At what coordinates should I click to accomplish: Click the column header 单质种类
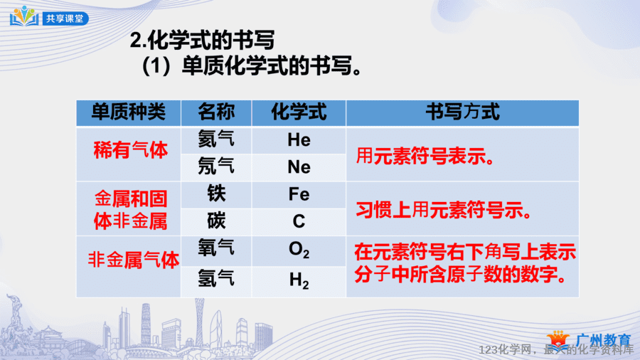click(128, 112)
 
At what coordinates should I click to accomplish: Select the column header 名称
click(216, 112)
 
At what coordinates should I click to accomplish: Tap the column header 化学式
click(299, 112)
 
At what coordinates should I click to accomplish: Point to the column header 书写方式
click(462, 112)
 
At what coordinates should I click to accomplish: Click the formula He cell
click(299, 140)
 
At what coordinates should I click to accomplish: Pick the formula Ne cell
click(299, 167)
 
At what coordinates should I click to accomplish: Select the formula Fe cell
click(299, 194)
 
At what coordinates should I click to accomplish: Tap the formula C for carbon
click(299, 222)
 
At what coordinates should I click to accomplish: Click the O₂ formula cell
click(299, 250)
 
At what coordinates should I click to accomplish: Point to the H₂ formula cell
click(299, 281)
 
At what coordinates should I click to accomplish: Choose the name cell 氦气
click(216, 139)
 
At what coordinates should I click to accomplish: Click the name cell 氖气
click(216, 166)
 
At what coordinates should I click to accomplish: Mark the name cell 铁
click(216, 194)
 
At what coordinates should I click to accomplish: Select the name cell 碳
click(216, 221)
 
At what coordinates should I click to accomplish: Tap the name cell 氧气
click(216, 248)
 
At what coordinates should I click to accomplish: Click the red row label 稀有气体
click(131, 150)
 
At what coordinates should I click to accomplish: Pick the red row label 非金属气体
click(134, 260)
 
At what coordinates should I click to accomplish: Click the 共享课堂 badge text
click(65, 18)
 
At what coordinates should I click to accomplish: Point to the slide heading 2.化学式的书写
click(202, 40)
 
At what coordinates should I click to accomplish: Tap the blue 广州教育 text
click(604, 340)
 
